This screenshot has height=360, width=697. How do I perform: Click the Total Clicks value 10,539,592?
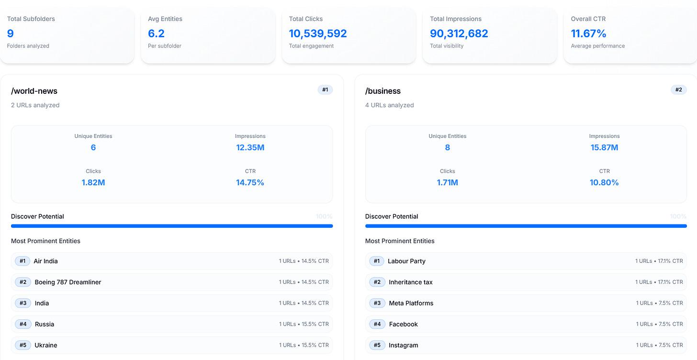[x=318, y=34]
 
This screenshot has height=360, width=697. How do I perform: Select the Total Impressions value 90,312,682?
[x=459, y=34]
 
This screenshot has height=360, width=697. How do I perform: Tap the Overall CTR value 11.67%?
[x=588, y=34]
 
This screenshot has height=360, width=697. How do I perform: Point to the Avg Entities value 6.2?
[x=156, y=34]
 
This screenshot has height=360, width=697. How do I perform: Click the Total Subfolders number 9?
[x=10, y=34]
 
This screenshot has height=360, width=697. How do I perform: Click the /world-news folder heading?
[x=34, y=91]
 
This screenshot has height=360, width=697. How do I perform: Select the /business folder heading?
[x=383, y=91]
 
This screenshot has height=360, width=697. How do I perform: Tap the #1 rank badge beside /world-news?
[x=325, y=90]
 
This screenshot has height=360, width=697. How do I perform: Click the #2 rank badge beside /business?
[x=678, y=90]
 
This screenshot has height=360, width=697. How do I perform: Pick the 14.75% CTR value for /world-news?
[x=250, y=182]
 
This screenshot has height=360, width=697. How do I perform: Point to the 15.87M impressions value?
[x=604, y=147]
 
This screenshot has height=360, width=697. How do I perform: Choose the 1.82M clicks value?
[x=93, y=182]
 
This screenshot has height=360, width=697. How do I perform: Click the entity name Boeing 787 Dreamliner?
[x=68, y=282]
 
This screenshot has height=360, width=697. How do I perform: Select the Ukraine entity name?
[x=46, y=345]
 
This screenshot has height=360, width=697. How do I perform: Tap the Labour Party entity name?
[x=406, y=261]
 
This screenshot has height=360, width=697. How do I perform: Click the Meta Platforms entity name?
[x=411, y=303]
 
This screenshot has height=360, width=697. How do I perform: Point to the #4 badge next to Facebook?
[x=377, y=324]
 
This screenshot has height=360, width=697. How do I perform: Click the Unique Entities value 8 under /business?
[x=448, y=147]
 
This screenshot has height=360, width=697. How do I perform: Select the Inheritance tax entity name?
[x=411, y=282]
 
